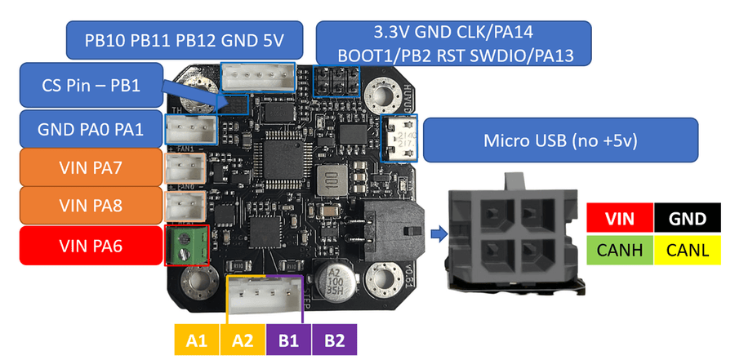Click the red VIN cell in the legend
click(x=620, y=218)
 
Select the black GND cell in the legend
click(x=687, y=218)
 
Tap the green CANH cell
click(x=620, y=247)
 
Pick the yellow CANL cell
click(x=687, y=247)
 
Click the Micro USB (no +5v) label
click(x=559, y=140)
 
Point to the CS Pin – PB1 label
click(x=90, y=85)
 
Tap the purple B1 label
click(x=287, y=338)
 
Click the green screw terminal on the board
click(x=187, y=245)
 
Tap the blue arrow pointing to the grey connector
click(x=438, y=235)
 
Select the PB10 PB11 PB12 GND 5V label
click(x=182, y=39)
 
